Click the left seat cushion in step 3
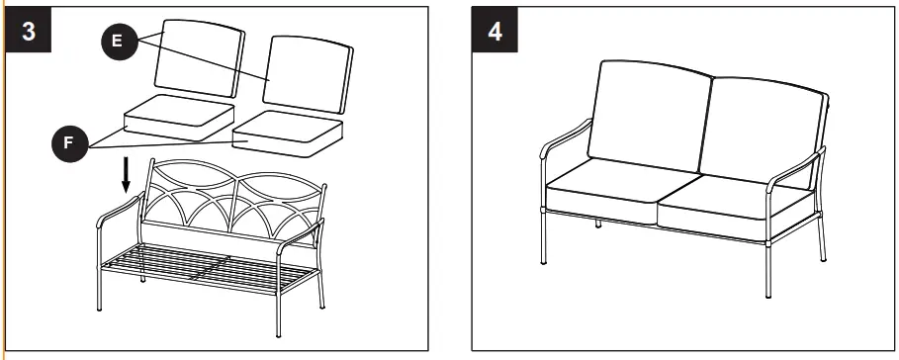[179, 115]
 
